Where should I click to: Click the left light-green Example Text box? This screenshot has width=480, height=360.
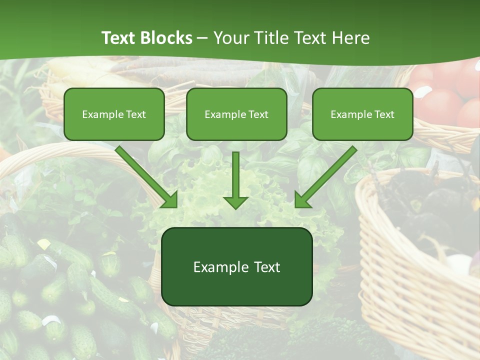pos(114,114)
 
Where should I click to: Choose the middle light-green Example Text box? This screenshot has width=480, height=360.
pos(236,114)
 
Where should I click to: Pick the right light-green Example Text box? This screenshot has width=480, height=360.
pos(362,114)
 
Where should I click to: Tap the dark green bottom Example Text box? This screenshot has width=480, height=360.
pos(236,266)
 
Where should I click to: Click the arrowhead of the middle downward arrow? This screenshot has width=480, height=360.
pos(235,202)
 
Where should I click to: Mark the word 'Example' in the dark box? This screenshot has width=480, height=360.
pos(220,267)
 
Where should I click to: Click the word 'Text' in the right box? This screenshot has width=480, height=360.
pos(384,114)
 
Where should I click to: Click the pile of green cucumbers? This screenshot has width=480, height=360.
pos(55,295)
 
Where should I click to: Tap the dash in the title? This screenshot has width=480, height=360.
pos(202,38)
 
